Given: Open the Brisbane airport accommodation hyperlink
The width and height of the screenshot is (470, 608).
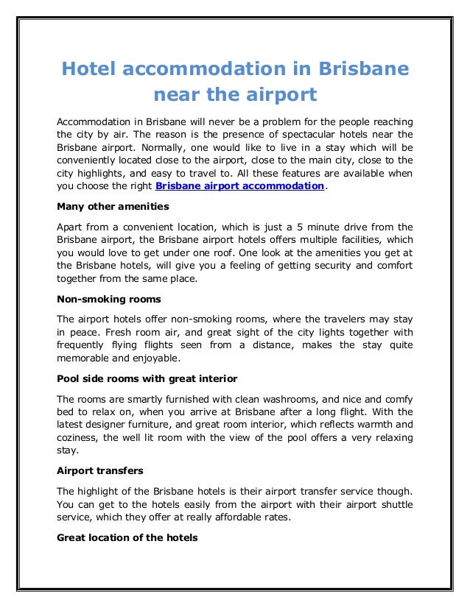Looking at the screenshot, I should pos(240,186).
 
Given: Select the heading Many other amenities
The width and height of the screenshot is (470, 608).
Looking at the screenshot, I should pos(113,206).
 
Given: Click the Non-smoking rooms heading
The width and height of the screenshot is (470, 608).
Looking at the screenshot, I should pos(108,299).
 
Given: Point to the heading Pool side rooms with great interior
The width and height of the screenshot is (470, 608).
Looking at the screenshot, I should pos(147,378).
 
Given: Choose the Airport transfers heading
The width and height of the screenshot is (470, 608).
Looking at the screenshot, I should pos(99,471).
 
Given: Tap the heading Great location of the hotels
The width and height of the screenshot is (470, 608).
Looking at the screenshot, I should pos(127,537).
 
